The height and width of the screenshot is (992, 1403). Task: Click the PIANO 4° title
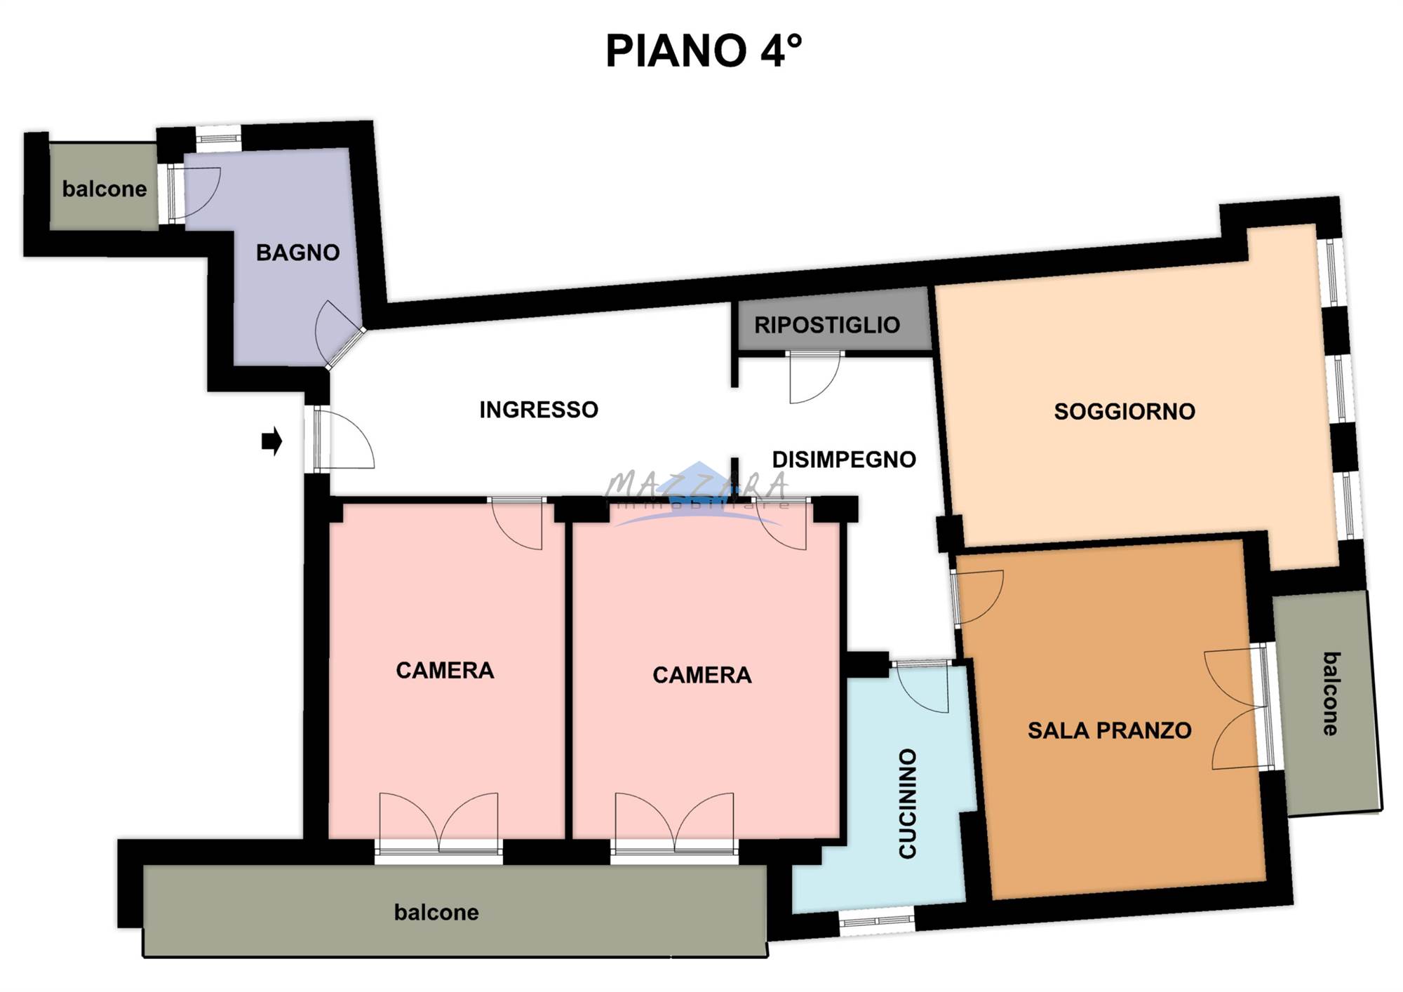703,51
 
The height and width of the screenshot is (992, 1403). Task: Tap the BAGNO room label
297,253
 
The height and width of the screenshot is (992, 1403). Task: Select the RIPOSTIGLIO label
827,325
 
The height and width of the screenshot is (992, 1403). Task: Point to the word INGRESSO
539,410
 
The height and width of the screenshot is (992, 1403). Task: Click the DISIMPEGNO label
844,460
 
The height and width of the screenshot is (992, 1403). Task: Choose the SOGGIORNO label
1125,411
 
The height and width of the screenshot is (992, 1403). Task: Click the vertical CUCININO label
908,803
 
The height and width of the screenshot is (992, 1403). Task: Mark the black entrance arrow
272,441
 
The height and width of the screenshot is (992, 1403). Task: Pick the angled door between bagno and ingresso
340,337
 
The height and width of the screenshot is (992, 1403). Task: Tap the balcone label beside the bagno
105,189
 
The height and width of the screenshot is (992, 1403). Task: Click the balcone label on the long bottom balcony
436,912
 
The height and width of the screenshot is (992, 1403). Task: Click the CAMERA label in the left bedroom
445,671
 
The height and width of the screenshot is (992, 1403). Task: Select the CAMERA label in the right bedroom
701,675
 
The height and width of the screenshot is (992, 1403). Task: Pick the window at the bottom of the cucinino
877,919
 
